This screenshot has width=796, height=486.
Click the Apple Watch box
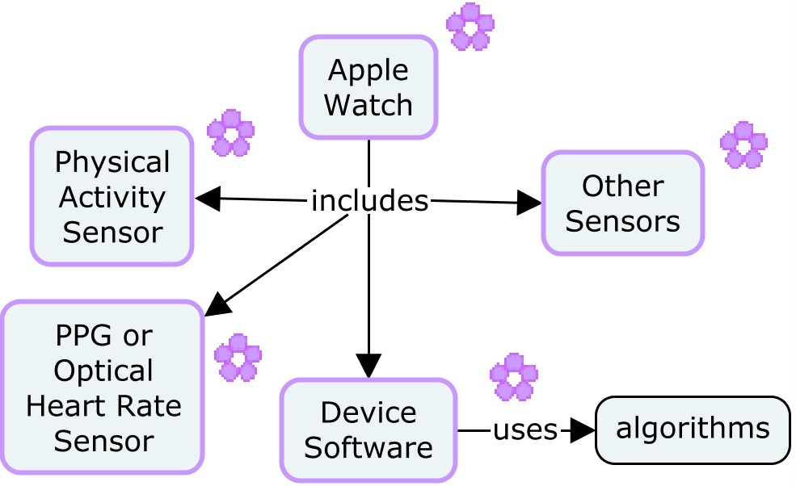pyautogui.click(x=369, y=87)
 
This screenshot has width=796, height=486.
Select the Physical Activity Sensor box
pyautogui.click(x=112, y=196)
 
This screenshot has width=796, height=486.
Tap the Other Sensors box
pyautogui.click(x=622, y=203)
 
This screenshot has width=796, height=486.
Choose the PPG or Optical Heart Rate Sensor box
pyautogui.click(x=102, y=388)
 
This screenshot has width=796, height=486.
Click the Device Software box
pyautogui.click(x=369, y=429)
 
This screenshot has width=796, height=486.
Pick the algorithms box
pyautogui.click(x=693, y=429)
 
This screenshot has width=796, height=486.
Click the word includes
pyautogui.click(x=369, y=200)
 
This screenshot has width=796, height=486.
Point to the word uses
pyautogui.click(x=525, y=430)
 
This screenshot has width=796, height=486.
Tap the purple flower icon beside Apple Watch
pyautogui.click(x=470, y=27)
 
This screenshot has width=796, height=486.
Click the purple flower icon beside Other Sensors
pyautogui.click(x=743, y=145)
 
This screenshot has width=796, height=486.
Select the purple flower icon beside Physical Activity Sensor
pyautogui.click(x=230, y=132)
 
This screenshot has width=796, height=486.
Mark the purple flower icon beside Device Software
pyautogui.click(x=514, y=377)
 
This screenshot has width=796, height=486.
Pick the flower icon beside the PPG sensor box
pyautogui.click(x=238, y=358)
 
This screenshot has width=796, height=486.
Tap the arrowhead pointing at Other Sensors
pyautogui.click(x=529, y=203)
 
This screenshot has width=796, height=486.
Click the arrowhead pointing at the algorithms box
pyautogui.click(x=581, y=430)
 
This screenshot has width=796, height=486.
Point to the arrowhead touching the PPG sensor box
pyautogui.click(x=217, y=304)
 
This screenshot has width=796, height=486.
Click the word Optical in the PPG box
pyautogui.click(x=103, y=371)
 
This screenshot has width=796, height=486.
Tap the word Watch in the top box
pyautogui.click(x=369, y=104)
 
